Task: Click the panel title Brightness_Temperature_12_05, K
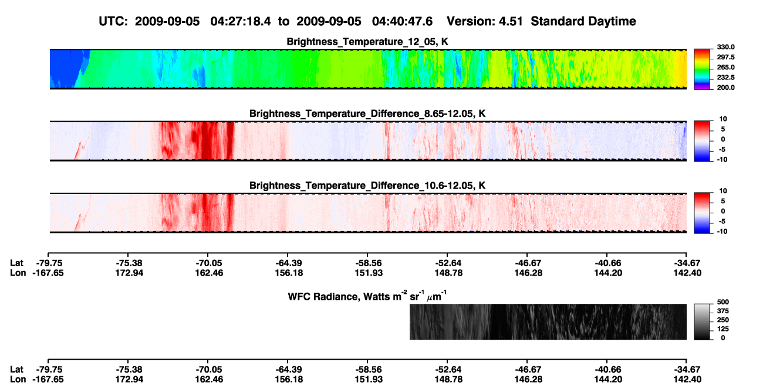(x=367, y=42)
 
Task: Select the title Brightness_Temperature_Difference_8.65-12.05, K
(x=367, y=113)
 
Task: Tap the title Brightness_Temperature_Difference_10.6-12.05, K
(x=367, y=186)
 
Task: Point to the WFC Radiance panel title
(x=367, y=296)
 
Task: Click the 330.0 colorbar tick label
(x=725, y=47)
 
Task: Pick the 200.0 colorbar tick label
(x=725, y=88)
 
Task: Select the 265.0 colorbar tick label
(x=725, y=67)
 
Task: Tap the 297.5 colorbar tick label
(x=725, y=57)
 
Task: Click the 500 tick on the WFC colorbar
(x=723, y=302)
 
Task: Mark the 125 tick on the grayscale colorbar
(x=723, y=329)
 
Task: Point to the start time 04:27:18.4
(x=241, y=22)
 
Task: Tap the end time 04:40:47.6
(x=402, y=22)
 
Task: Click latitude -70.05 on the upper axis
(x=208, y=263)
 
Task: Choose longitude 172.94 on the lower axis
(x=129, y=380)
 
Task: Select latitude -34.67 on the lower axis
(x=687, y=370)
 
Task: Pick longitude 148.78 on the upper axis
(x=448, y=273)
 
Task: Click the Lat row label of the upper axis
(x=16, y=263)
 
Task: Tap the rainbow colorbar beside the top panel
(x=702, y=69)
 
